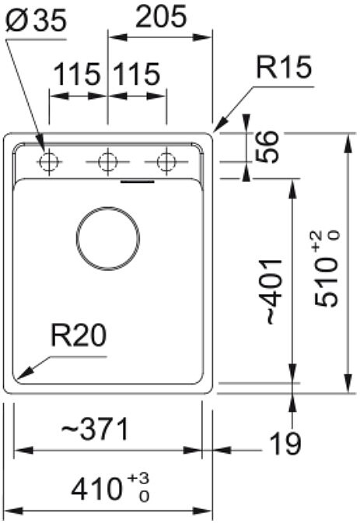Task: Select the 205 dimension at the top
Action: tap(161, 16)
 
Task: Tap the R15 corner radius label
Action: tap(284, 67)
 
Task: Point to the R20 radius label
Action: tap(79, 335)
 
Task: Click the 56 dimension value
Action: tap(267, 147)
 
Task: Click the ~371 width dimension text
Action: tap(95, 429)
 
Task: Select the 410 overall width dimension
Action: tap(96, 488)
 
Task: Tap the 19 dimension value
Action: tap(285, 443)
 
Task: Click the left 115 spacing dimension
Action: tap(77, 74)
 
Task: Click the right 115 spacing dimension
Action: tap(137, 74)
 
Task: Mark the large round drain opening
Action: tap(107, 238)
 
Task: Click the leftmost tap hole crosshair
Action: tap(49, 162)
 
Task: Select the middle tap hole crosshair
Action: tap(107, 162)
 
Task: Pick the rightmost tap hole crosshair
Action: tap(166, 162)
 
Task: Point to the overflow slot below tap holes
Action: tap(138, 182)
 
